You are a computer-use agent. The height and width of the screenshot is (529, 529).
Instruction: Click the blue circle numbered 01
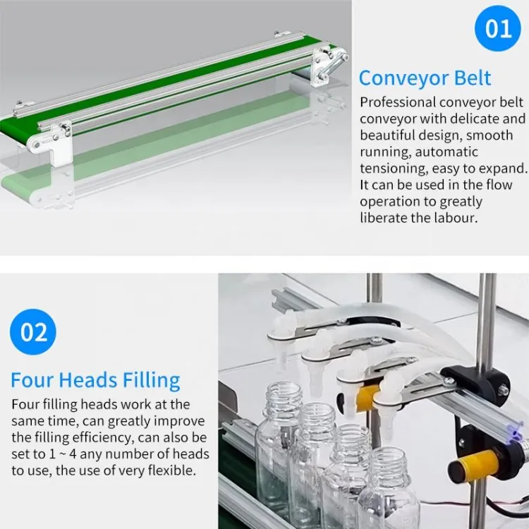click(498, 28)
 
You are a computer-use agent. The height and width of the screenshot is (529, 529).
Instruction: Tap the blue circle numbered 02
click(33, 332)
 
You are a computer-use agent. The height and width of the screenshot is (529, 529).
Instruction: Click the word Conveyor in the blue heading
click(403, 78)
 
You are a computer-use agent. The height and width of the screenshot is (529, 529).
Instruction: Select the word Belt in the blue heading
click(473, 78)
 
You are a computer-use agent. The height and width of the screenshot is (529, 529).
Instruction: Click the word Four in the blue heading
click(32, 380)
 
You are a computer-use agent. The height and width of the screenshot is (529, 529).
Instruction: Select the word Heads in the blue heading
click(87, 380)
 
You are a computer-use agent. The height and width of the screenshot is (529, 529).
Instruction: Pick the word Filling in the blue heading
click(151, 381)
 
